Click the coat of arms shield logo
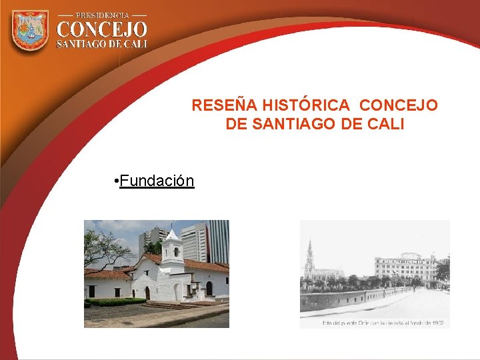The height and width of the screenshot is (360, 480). tap(30, 31)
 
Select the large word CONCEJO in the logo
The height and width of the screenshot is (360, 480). tap(102, 30)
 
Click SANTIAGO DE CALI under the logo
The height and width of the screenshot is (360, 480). tap(102, 44)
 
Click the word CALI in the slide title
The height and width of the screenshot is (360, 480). tap(385, 124)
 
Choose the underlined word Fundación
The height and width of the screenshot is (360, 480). tap(157, 181)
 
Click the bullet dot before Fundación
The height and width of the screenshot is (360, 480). tap(116, 181)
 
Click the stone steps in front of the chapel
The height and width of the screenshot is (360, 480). tap(167, 305)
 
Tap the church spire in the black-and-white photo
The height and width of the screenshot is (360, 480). tap(309, 257)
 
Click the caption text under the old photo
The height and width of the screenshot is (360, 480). tap(383, 323)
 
